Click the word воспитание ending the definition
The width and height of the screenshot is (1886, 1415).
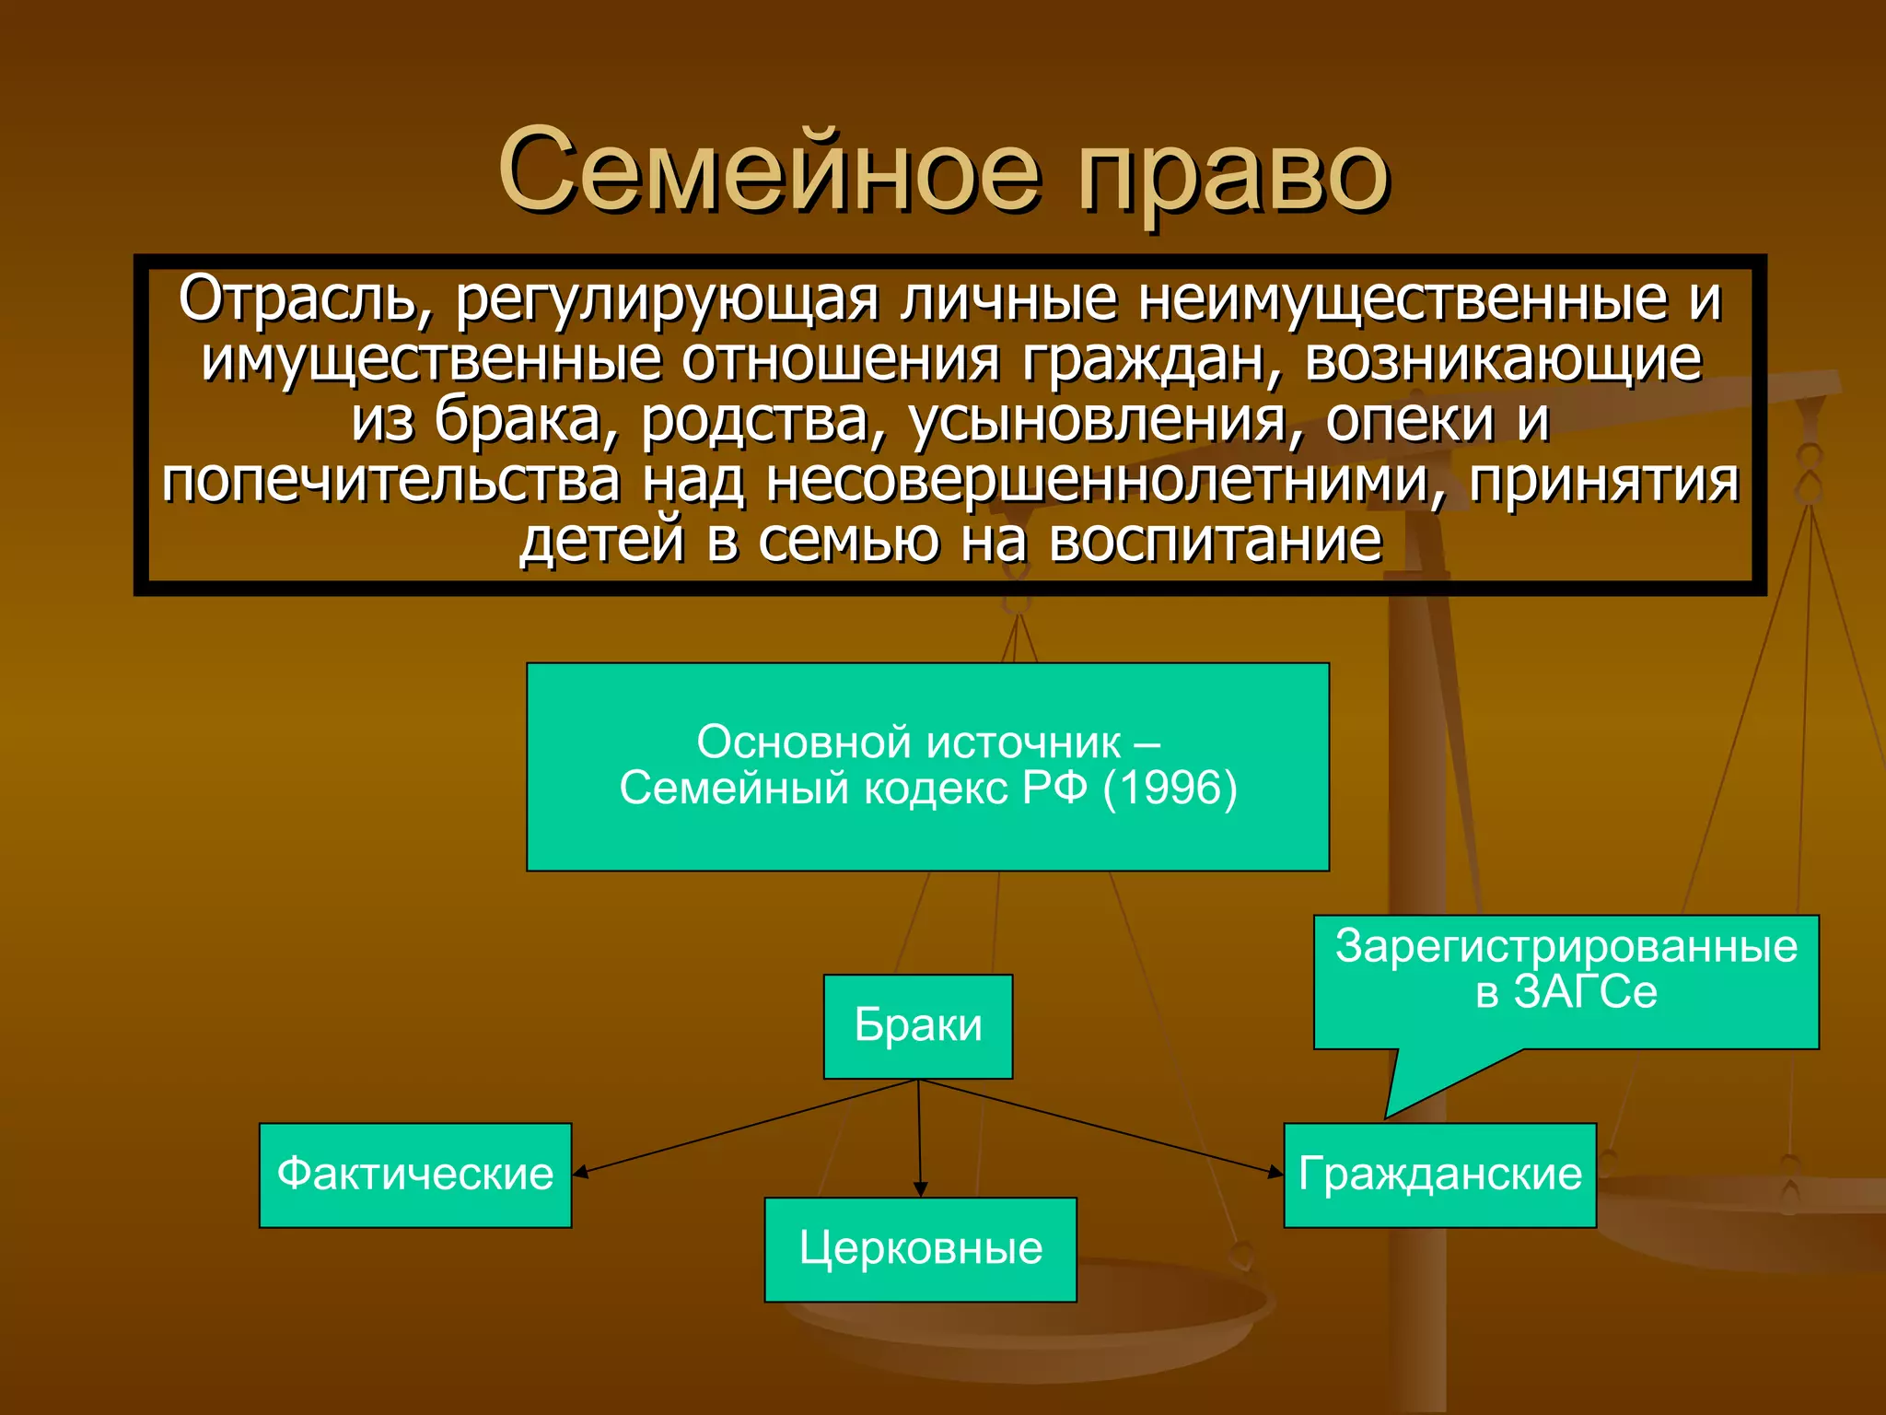pyautogui.click(x=1216, y=541)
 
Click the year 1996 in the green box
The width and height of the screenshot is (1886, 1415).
pyautogui.click(x=1170, y=789)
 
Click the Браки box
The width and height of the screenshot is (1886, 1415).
pyautogui.click(x=918, y=1026)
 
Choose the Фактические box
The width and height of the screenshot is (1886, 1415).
pyautogui.click(x=415, y=1175)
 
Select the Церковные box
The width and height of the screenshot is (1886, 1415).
pyautogui.click(x=920, y=1249)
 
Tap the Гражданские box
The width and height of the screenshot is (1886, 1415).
pyautogui.click(x=1439, y=1175)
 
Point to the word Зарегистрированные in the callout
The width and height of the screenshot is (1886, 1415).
pyautogui.click(x=1566, y=946)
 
